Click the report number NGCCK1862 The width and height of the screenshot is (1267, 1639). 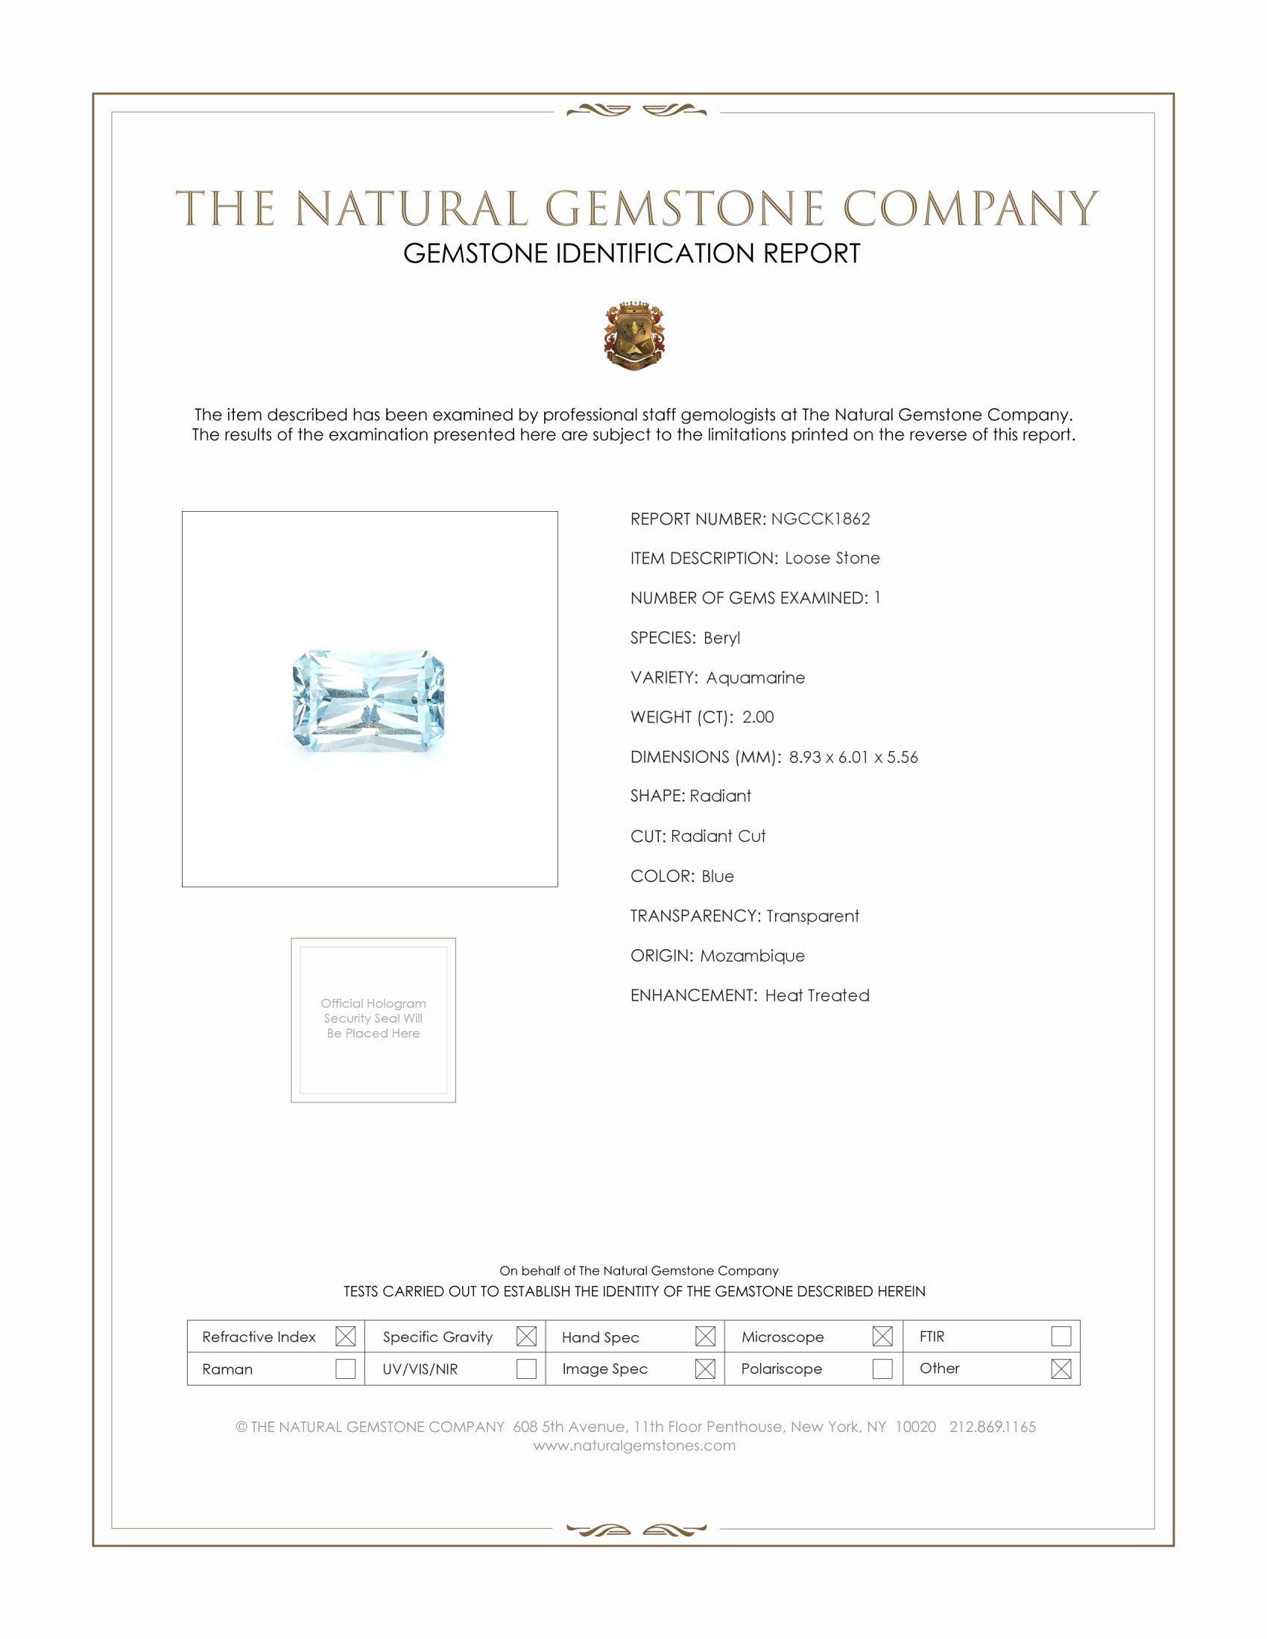point(821,519)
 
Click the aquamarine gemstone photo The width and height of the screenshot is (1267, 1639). point(368,701)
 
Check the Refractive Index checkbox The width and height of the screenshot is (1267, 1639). point(345,1336)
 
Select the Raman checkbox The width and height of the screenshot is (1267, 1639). point(345,1369)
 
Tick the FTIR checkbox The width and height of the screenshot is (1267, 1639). point(1061,1336)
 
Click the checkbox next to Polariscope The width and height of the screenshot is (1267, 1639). point(882,1369)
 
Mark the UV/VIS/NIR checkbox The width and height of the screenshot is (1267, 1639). point(526,1369)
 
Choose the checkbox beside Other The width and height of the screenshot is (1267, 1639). point(1061,1369)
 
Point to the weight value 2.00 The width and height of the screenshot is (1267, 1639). point(757,717)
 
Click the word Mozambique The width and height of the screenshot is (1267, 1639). point(752,955)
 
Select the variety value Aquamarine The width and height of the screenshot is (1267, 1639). point(755,678)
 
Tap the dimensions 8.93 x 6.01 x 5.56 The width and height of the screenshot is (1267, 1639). point(853,756)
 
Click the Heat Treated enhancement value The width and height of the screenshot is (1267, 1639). point(817,995)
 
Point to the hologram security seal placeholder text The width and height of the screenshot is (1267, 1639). point(373,1018)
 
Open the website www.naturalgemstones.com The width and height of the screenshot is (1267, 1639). point(634,1445)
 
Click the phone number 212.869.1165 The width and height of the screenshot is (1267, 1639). point(992,1427)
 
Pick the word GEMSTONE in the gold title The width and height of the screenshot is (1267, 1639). point(684,209)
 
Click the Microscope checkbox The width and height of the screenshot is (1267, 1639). point(882,1336)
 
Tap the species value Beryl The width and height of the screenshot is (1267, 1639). point(721,638)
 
